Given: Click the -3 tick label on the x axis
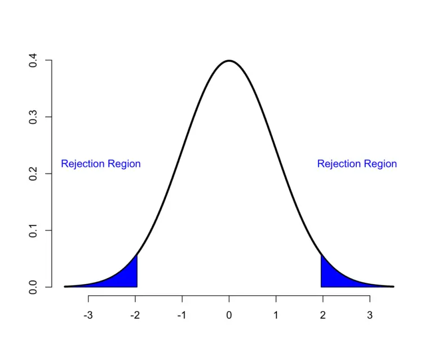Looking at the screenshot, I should click(88, 315).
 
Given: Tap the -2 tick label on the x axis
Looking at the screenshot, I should click(135, 315).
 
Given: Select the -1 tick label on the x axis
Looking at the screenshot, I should click(182, 315).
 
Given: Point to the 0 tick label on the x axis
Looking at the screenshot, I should click(229, 315).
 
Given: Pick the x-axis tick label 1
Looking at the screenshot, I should click(276, 315).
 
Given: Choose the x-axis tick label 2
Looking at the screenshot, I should click(322, 315).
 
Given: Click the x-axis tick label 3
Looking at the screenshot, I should click(369, 315).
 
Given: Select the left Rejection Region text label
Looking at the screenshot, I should click(101, 164).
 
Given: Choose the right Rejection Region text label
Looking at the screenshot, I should click(357, 164).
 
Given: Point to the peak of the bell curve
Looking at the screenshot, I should click(229, 61).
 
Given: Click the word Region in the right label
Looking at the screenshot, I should click(380, 164).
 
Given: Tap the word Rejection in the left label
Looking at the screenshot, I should click(83, 164).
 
